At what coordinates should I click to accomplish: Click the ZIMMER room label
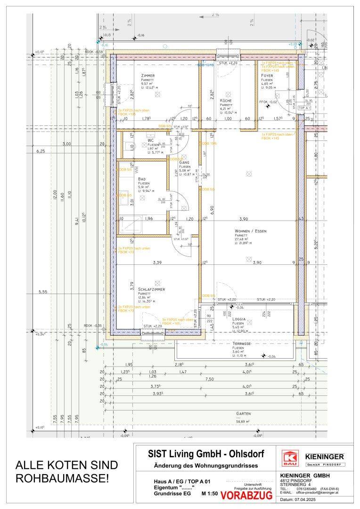click(x=147, y=76)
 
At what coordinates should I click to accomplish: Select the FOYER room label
click(x=267, y=76)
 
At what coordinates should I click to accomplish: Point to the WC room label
click(x=138, y=140)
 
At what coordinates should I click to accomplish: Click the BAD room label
click(x=142, y=179)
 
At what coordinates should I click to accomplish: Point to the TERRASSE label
click(x=241, y=344)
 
